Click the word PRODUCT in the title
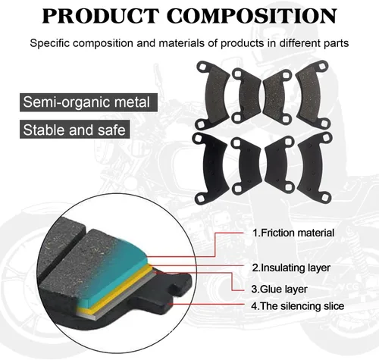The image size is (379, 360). click(x=100, y=16)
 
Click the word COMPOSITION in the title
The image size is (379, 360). click(x=252, y=16)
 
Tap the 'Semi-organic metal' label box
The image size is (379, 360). click(x=89, y=102)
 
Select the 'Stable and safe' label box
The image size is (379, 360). click(x=74, y=130)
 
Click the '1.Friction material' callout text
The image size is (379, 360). click(x=293, y=233)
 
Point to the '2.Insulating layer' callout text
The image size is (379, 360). click(x=291, y=268)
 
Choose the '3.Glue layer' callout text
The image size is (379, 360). click(x=279, y=289)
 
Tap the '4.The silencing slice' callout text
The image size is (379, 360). click(x=298, y=306)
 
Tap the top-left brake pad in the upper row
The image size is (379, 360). click(x=213, y=95)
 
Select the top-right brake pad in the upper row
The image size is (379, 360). click(x=313, y=95)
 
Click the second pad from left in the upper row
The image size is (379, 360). click(x=247, y=95)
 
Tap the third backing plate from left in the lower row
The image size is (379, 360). click(x=278, y=165)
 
